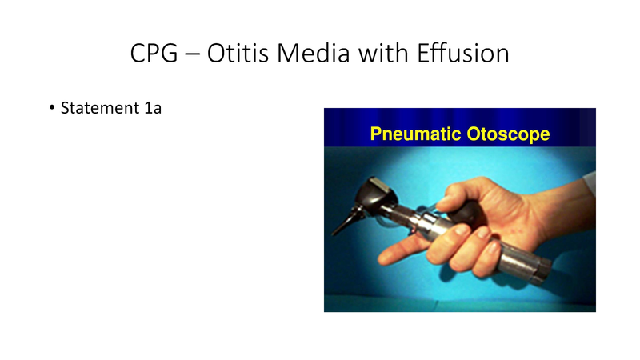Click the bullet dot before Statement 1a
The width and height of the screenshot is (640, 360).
(x=52, y=108)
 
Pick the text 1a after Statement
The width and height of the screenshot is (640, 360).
(x=152, y=108)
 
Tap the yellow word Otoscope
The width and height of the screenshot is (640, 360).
(x=509, y=134)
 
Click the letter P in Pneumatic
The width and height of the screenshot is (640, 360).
(x=375, y=134)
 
